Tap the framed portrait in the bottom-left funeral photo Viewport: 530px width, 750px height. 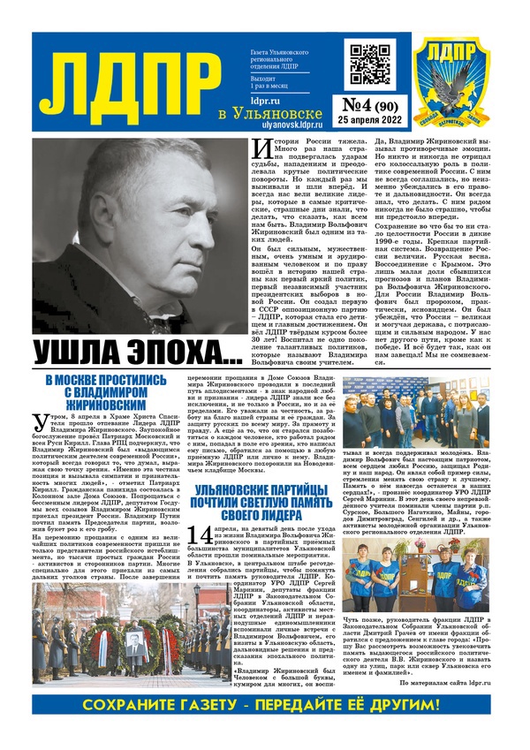pos(48,633)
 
